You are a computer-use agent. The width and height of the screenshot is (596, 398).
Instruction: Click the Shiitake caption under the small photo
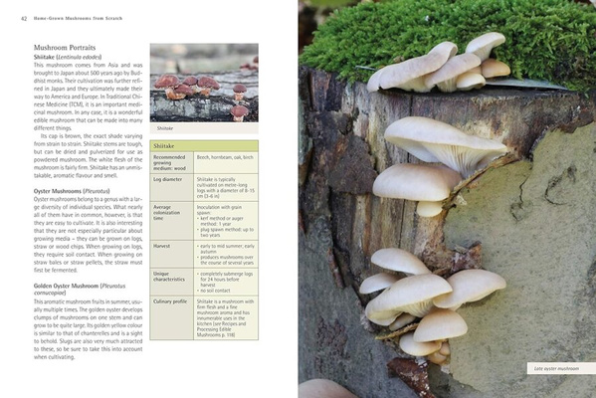pos(165,128)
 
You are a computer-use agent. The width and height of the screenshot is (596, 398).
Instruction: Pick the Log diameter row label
pos(168,180)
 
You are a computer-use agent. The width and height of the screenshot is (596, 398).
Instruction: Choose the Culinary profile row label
pos(170,299)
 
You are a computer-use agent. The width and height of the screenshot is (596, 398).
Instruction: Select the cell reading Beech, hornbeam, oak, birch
pos(224,157)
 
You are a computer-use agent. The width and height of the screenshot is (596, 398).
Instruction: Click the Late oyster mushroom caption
pos(554,368)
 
